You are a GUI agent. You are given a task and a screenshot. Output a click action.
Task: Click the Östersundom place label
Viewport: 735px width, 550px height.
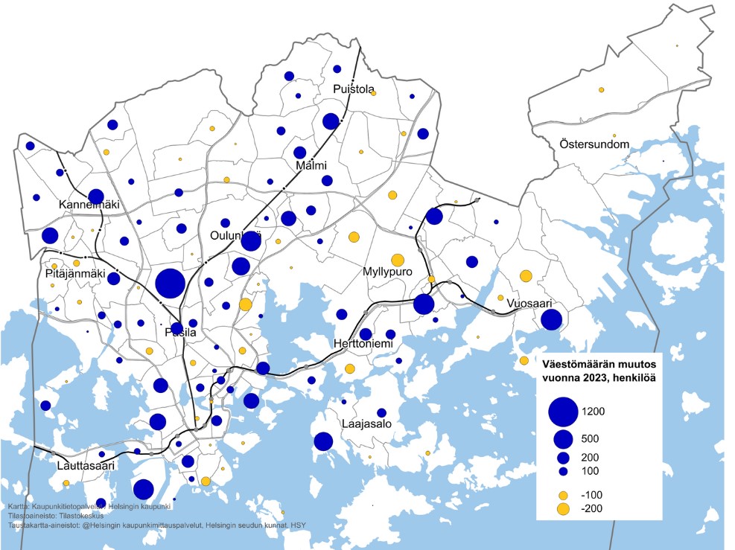[x=594, y=144]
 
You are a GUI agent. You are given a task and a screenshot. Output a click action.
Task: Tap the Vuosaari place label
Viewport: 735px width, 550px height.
[x=531, y=304]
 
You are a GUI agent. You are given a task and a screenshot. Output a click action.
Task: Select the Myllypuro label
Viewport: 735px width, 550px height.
[x=388, y=272]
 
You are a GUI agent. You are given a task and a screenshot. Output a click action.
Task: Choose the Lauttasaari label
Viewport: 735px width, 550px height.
[x=86, y=466]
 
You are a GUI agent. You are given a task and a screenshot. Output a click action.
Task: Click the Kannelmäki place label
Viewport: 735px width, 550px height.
[x=89, y=204]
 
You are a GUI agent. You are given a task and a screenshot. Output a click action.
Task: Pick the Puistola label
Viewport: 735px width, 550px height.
[x=354, y=89]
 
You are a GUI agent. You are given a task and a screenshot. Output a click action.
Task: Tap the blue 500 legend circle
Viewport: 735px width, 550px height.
[x=563, y=438]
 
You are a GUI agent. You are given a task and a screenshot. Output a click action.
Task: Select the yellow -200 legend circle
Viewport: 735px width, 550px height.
[x=563, y=509]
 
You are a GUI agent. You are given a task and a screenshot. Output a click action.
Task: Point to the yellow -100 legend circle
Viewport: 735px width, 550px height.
[x=563, y=495]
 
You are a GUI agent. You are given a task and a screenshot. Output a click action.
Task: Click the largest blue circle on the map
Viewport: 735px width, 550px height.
[x=170, y=283]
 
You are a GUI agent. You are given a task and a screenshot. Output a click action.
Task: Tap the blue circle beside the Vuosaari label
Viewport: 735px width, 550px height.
[x=551, y=320]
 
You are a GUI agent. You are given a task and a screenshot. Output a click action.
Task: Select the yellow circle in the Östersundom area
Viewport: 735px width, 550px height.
[x=601, y=90]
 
